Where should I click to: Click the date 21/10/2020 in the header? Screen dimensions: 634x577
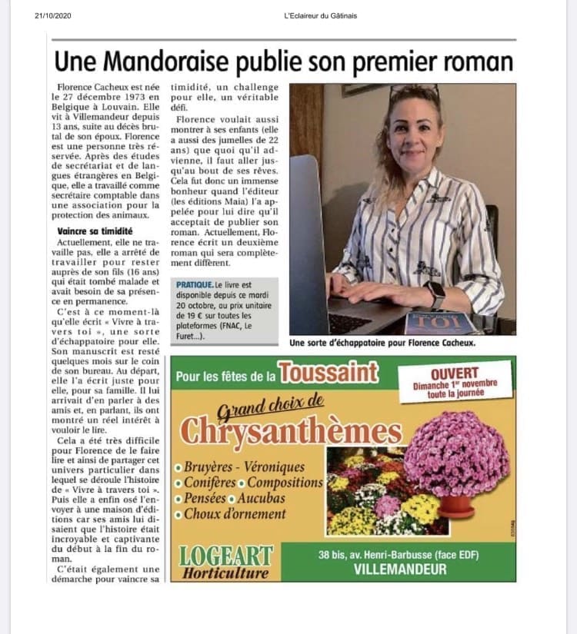[x=52, y=15]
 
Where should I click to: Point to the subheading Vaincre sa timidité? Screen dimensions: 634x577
[x=95, y=231]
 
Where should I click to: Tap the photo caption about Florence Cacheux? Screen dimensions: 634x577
[x=382, y=343]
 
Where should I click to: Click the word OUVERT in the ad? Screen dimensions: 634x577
[x=455, y=373]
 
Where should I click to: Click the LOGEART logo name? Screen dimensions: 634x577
[x=225, y=556]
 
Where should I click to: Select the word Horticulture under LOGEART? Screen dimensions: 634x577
[x=225, y=573]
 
